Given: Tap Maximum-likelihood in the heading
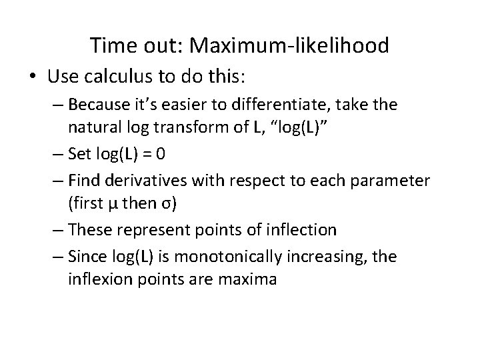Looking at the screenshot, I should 289,45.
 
